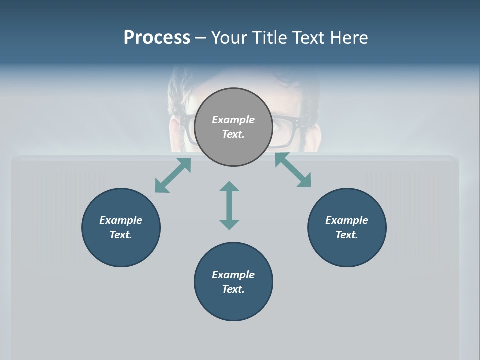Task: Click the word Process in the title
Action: point(157,37)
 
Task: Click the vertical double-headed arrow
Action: point(229,205)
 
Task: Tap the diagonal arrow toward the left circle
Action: point(173,175)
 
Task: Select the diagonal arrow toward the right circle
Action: point(293,170)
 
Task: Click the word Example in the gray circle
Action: point(233,120)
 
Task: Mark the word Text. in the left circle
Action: point(121,235)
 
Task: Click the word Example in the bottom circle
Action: point(233,275)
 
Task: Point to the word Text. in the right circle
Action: point(347,235)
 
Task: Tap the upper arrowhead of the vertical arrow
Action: point(229,187)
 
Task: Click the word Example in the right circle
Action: point(347,220)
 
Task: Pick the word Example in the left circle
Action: point(121,220)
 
